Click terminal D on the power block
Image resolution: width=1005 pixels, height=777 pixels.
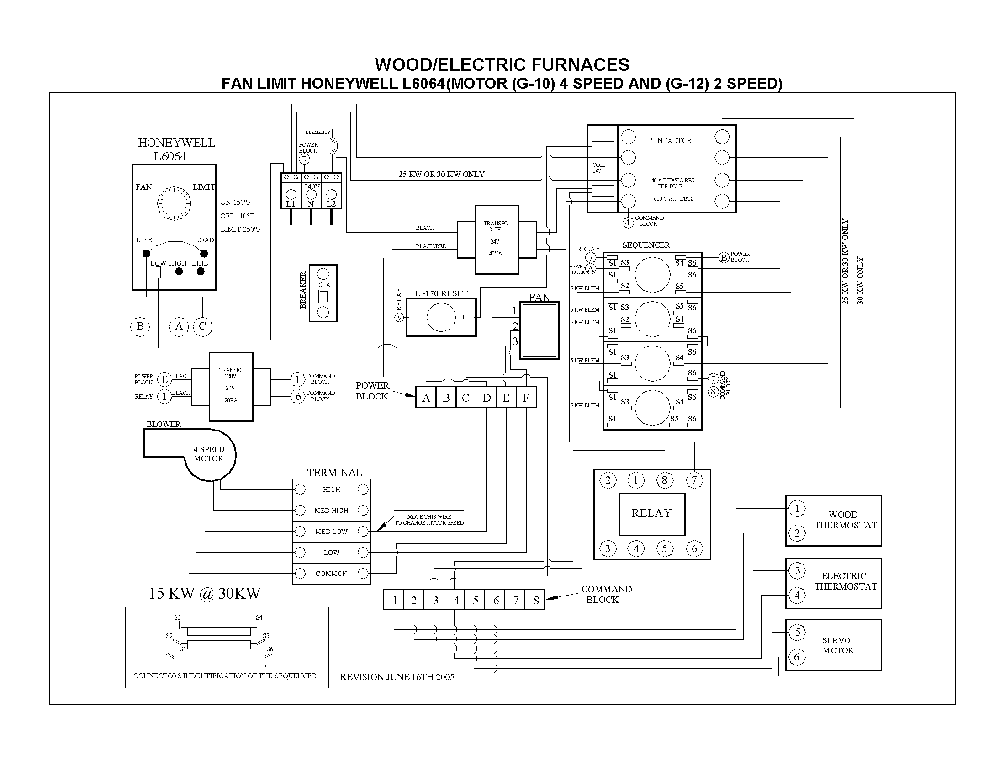[x=486, y=398]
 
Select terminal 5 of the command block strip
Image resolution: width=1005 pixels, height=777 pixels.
[x=476, y=600]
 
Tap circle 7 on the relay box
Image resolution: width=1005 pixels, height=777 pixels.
[x=694, y=480]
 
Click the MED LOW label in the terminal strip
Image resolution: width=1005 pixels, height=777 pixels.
[x=331, y=532]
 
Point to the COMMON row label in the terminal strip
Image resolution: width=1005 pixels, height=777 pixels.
[x=331, y=574]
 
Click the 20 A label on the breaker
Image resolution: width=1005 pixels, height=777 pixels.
[x=323, y=285]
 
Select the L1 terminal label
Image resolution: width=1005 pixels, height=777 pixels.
[x=291, y=204]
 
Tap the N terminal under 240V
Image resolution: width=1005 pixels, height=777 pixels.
[x=311, y=204]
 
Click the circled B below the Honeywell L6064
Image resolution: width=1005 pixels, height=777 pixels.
[x=140, y=327]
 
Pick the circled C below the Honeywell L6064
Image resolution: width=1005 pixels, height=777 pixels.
[x=202, y=327]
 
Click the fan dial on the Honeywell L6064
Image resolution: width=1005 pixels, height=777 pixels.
[x=174, y=203]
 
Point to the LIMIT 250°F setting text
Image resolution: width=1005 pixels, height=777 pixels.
[x=240, y=229]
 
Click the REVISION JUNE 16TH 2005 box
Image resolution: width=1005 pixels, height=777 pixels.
[x=397, y=676]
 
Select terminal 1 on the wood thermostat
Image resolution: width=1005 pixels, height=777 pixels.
[x=797, y=509]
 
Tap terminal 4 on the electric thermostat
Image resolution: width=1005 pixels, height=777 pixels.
[x=797, y=596]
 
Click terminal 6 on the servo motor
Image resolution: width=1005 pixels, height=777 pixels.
[x=797, y=657]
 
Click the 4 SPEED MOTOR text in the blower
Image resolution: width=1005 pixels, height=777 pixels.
[x=208, y=454]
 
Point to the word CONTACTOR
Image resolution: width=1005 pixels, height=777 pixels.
[x=669, y=141]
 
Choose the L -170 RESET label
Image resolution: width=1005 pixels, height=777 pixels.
[x=441, y=294]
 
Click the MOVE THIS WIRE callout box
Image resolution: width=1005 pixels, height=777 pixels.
[x=429, y=520]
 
